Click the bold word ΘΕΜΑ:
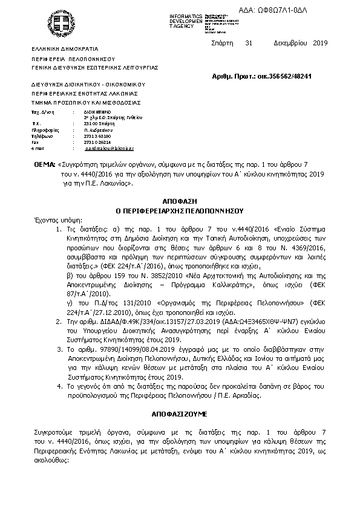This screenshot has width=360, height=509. tap(44, 164)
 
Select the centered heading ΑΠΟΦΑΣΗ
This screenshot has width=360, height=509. tap(180, 199)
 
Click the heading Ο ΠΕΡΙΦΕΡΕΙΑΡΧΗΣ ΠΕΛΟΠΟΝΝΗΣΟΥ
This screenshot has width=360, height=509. tap(179, 211)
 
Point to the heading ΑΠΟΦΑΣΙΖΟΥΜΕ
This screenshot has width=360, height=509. tap(180, 417)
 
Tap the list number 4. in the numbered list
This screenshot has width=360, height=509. tap(59, 384)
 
